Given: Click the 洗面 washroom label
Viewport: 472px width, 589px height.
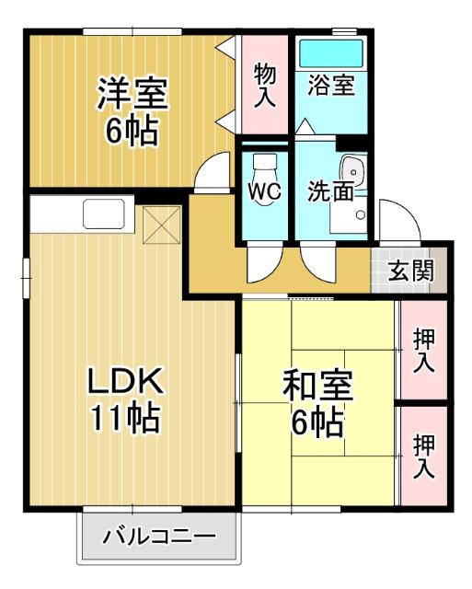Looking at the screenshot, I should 330,191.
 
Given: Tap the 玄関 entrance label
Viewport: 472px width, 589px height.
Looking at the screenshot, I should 410,271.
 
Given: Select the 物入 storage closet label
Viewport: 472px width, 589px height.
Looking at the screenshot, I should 265,85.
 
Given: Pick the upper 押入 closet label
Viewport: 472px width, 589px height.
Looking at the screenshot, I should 423,351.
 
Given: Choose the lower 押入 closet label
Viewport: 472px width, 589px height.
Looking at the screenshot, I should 423,456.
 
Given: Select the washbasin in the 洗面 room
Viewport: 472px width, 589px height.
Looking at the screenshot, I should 353,171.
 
